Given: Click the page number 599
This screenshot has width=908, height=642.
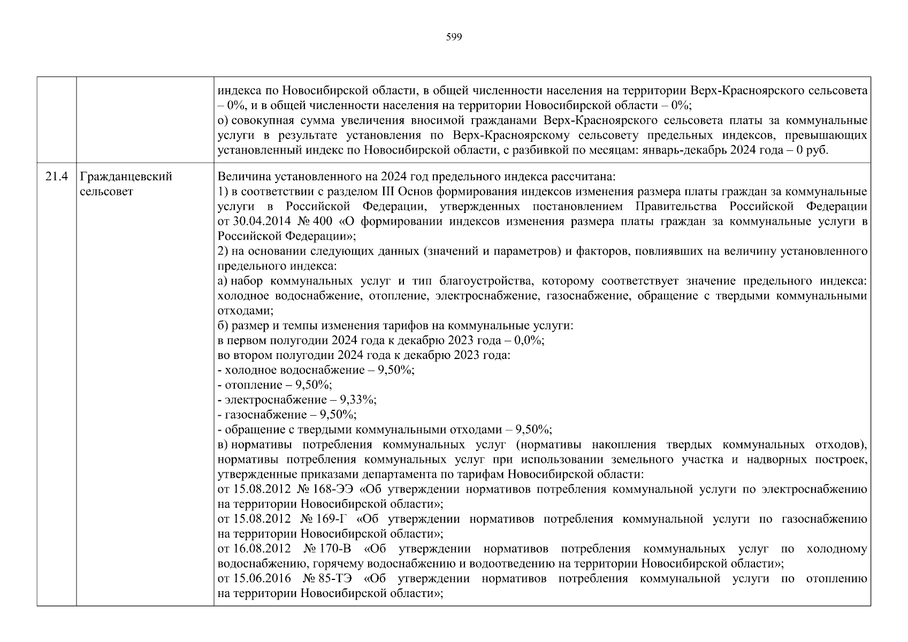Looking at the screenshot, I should tap(454, 37).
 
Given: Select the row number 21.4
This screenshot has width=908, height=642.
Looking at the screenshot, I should tap(57, 177).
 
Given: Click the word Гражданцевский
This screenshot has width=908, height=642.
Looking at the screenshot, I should tap(126, 177).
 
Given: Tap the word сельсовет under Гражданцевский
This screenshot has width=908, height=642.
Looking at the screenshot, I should tap(106, 191).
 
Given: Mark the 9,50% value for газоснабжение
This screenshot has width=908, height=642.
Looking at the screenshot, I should tap(338, 415).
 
